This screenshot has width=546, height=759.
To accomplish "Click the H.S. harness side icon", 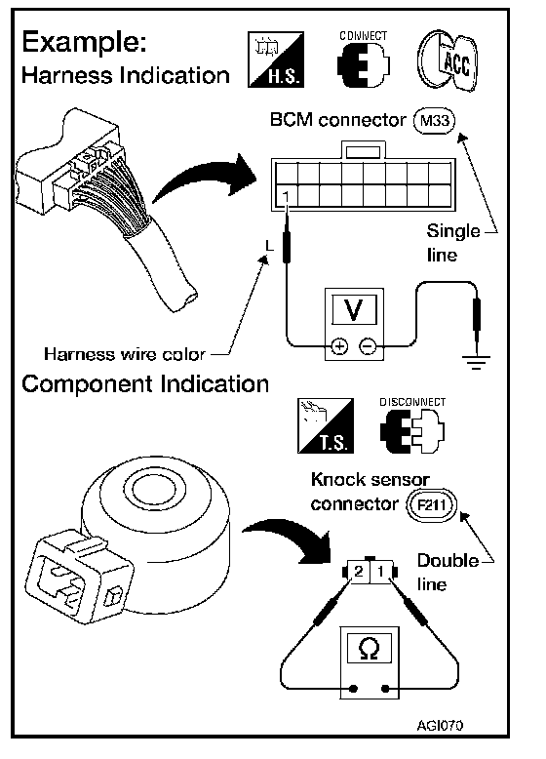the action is (276, 60).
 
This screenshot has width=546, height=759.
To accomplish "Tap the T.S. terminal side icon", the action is (326, 425).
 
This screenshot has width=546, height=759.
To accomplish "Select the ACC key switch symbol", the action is (448, 60).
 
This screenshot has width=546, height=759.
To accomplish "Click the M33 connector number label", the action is (434, 120).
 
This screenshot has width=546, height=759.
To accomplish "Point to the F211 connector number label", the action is (431, 505).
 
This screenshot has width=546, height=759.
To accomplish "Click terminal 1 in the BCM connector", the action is (286, 196).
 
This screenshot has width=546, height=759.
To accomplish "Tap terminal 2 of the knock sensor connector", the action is (359, 572).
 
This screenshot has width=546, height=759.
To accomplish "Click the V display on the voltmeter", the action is (354, 310).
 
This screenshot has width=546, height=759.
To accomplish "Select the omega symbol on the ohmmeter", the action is (370, 648).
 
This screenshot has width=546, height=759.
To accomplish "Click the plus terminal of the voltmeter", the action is (339, 346).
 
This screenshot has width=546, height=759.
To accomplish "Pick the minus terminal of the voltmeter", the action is (368, 346).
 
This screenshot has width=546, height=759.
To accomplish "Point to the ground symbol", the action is (477, 362).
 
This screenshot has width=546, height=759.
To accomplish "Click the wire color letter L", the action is (269, 246).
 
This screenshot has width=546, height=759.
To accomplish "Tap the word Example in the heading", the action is (85, 42).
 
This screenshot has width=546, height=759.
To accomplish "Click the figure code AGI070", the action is (440, 725).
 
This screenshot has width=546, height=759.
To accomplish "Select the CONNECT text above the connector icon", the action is (364, 36).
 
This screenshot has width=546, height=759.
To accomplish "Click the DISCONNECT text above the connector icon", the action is (412, 402).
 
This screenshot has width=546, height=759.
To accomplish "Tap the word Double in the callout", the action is (448, 561).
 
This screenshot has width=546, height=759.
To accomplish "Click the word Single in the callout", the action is (453, 231).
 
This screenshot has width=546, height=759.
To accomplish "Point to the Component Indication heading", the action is (145, 383).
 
